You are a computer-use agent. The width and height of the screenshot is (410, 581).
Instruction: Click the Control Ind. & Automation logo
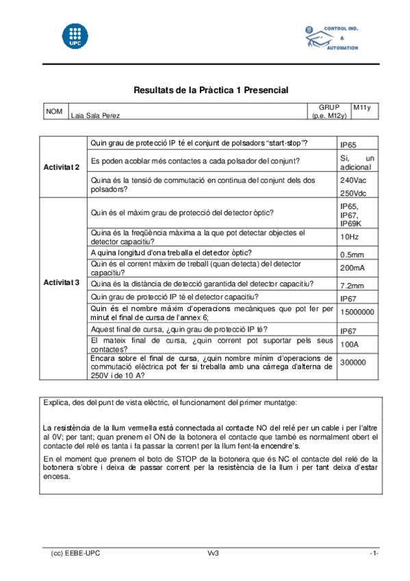(331, 38)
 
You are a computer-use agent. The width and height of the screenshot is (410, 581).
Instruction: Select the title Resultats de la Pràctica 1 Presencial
(211, 90)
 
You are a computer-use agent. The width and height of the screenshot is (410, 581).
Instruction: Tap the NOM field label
(54, 111)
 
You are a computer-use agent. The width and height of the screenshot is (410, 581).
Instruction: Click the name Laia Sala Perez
(96, 116)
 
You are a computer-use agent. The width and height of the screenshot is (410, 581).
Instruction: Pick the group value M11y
(361, 108)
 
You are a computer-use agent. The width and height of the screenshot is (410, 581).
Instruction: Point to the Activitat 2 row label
(62, 167)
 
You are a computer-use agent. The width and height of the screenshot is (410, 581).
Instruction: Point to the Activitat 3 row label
(62, 282)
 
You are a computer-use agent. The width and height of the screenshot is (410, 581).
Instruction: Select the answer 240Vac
(353, 180)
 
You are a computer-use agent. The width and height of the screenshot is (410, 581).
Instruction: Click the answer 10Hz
(349, 237)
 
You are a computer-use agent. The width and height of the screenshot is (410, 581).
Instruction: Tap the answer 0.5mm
(351, 254)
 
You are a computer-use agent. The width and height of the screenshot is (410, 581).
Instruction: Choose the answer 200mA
(352, 268)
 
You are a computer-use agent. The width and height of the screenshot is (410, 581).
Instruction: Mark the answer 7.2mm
(351, 285)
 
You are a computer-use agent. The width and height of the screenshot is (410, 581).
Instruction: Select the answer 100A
(350, 344)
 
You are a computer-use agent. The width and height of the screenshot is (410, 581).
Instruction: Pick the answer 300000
(353, 363)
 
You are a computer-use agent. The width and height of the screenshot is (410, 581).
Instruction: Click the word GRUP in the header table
(329, 108)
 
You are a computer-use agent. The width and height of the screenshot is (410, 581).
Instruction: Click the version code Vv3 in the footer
(213, 553)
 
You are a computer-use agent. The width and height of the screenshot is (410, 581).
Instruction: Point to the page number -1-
(374, 553)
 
